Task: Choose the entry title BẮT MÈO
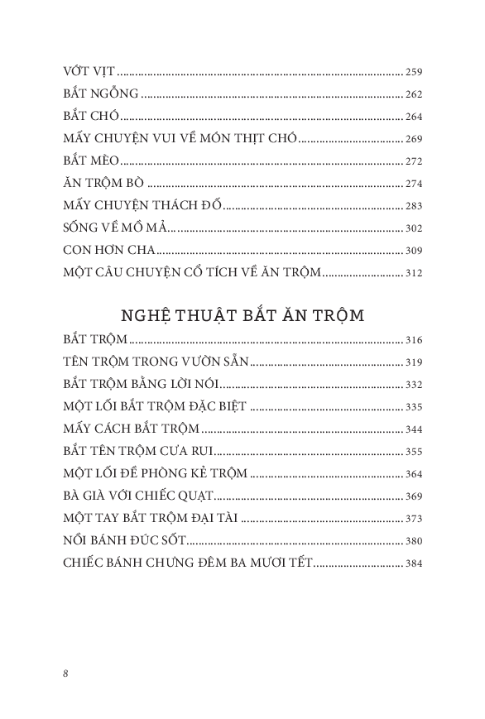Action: pos(90,162)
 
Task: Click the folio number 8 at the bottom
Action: pos(65,673)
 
